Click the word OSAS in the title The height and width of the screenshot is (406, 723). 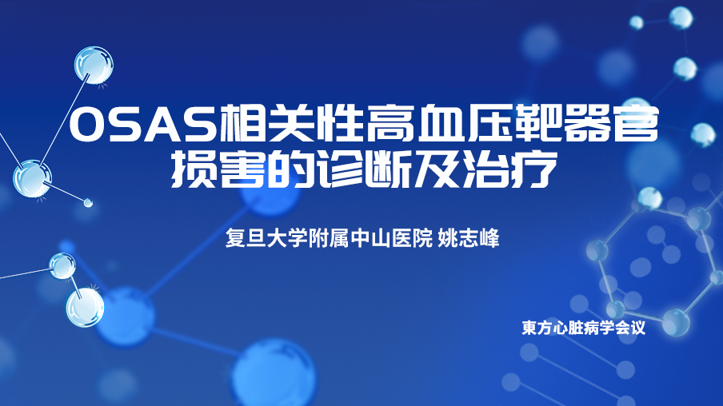click(143, 124)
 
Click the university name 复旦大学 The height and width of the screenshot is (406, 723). click(266, 239)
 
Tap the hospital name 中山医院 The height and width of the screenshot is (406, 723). click(391, 239)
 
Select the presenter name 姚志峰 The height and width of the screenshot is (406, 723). click(468, 239)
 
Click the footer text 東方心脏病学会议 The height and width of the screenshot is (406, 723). click(583, 328)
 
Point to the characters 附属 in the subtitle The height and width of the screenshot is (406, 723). click(329, 239)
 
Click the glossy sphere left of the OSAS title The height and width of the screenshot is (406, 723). click(94, 65)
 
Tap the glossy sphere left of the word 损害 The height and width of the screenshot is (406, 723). click(32, 178)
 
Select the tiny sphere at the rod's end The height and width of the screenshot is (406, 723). click(88, 202)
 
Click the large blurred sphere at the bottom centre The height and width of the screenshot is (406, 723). click(274, 374)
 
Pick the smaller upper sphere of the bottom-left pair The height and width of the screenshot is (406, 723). click(62, 266)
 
